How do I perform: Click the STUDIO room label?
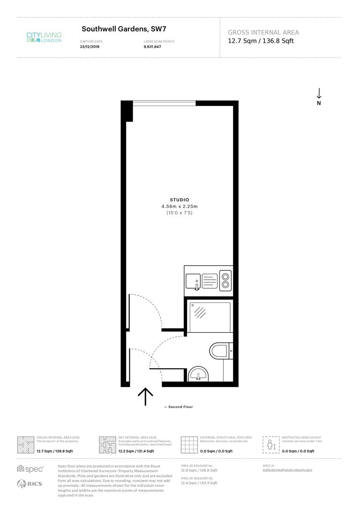point(180,200)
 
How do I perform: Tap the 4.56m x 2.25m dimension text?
point(180,206)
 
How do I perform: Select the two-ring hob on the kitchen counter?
point(225,280)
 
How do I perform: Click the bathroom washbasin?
point(199,375)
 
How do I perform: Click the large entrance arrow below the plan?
point(145,396)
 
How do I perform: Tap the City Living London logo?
point(44,37)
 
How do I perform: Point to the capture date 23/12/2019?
point(90,46)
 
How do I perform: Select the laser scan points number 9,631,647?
point(152,46)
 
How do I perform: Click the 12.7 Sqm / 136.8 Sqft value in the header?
point(261,41)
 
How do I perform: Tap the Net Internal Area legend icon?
point(107,444)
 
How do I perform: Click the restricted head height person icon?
point(270,444)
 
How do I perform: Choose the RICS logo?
point(30,484)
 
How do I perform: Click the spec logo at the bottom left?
point(30,469)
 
